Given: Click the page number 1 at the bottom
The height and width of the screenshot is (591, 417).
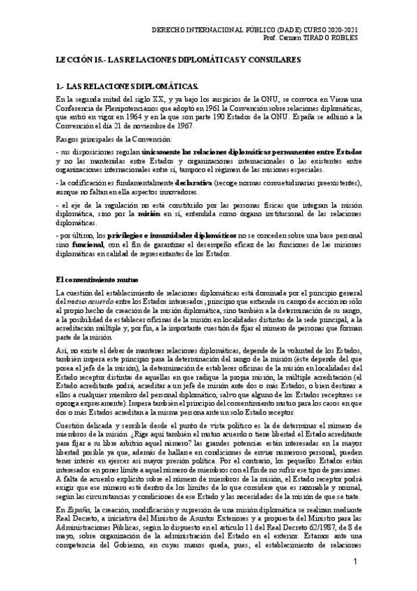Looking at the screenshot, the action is tap(355, 562).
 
